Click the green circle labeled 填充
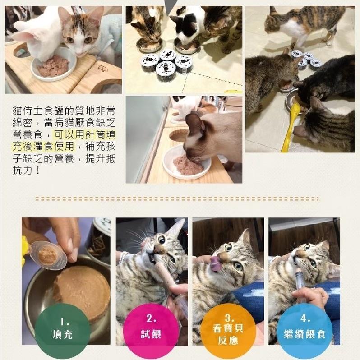tap(62, 328)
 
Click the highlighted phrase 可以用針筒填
tap(85, 134)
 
